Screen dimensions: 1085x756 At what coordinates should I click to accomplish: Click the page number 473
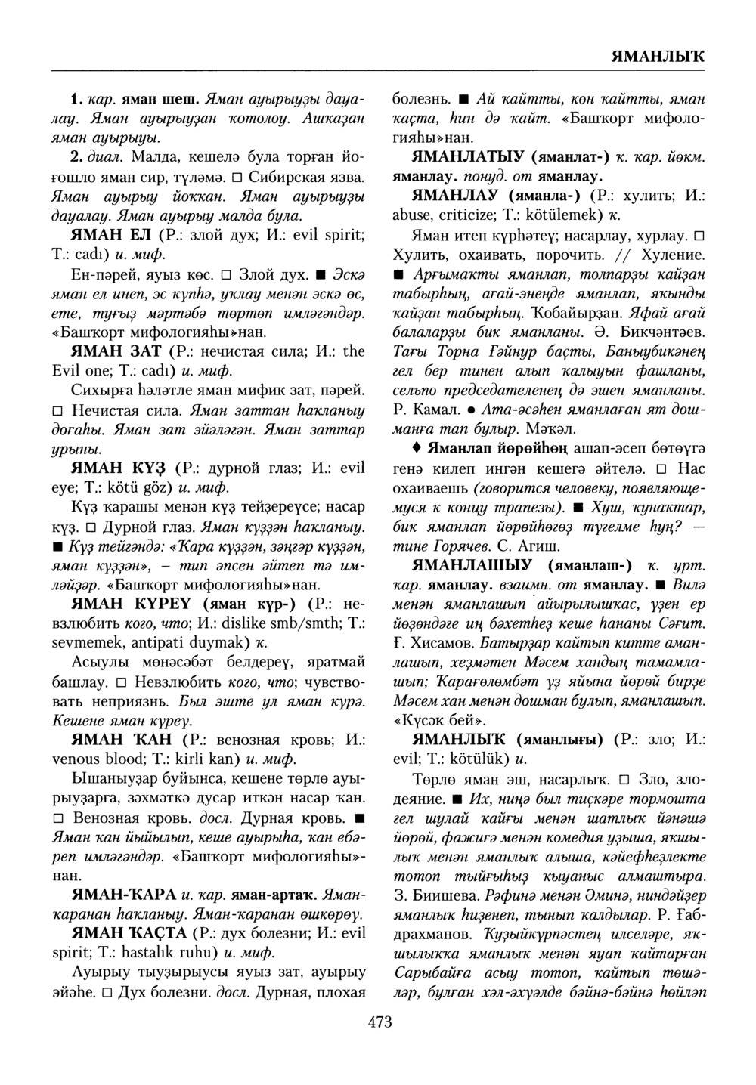(380, 1022)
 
